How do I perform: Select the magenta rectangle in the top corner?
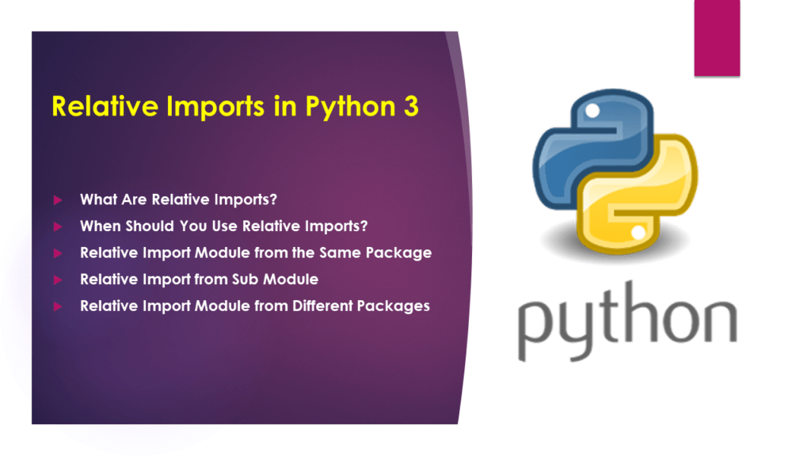[717, 38]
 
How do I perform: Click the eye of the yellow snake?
[638, 232]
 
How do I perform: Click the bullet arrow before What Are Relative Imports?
[57, 199]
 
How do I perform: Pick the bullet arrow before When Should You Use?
[57, 226]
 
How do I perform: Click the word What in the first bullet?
[97, 199]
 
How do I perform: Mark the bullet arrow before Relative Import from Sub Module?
[57, 279]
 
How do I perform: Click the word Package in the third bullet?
[402, 254]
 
